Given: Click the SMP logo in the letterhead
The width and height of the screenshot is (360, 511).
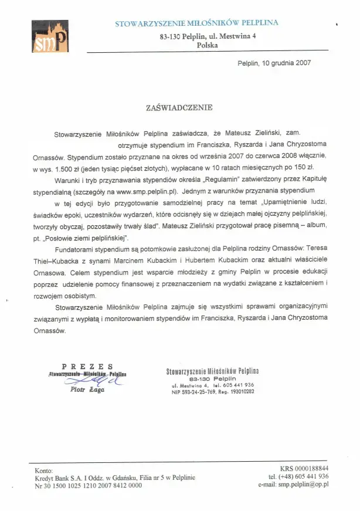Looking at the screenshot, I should click(x=50, y=37).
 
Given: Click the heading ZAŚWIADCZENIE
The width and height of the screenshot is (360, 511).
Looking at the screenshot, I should click(x=179, y=108).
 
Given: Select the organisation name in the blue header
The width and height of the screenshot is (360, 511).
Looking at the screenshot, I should click(x=196, y=23).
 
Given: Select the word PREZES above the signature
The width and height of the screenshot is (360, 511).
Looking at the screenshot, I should click(x=87, y=366).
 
